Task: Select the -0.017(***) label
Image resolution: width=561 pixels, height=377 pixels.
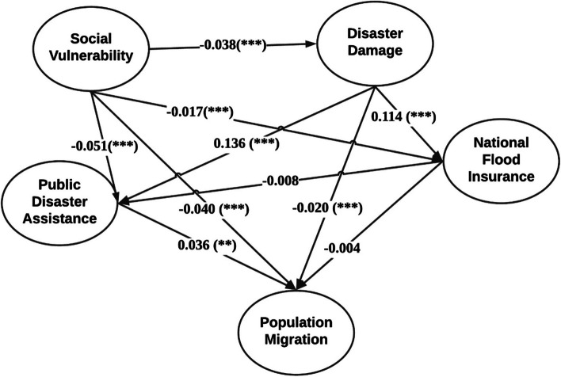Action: click(200, 111)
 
